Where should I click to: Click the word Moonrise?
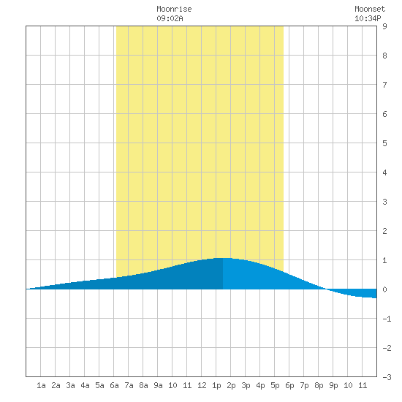pos(174,9)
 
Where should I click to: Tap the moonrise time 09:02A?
pos(170,18)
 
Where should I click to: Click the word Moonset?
pos(370,9)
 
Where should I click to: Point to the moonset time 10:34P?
pos(368,18)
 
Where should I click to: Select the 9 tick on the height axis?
pos(384,26)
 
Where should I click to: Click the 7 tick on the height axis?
pos(384,85)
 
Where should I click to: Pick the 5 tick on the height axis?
pos(384,143)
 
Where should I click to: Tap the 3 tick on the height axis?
pos(384,202)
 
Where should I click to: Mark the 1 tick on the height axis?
pos(384,260)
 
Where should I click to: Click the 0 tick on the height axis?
pos(384,289)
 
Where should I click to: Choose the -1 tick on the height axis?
pos(387,319)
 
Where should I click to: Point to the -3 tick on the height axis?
pos(387,377)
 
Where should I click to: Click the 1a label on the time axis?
pos(41,385)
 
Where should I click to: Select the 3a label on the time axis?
pos(70,385)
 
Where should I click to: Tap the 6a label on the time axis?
pos(114,385)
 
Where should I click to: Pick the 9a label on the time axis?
pos(158,385)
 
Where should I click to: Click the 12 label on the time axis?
pos(202,385)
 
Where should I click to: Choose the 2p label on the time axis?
pos(231,385)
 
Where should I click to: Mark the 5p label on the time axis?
pos(275,385)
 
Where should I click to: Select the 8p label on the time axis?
pos(319,385)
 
